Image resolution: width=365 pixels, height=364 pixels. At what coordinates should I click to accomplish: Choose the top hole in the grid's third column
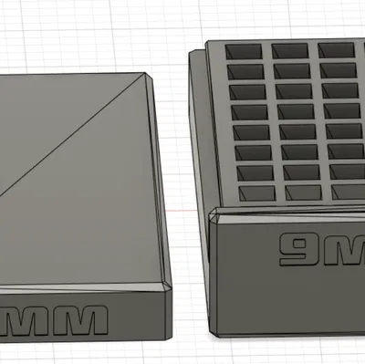click(x=335, y=51)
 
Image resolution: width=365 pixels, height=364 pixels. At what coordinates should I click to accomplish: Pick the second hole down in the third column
click(x=336, y=71)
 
